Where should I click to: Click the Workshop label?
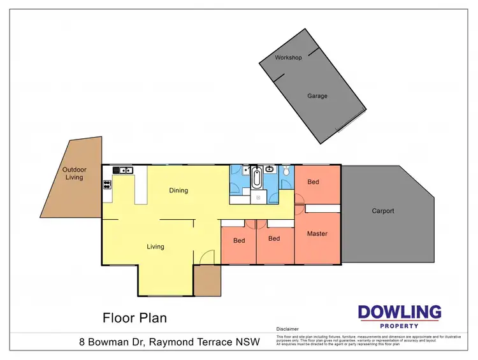[x=288, y=57]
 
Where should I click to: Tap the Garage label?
[x=317, y=96]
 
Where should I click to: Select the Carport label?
[x=383, y=211]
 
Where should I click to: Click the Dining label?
[x=178, y=191]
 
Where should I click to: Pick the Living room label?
[x=155, y=247]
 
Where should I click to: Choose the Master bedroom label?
[x=317, y=234]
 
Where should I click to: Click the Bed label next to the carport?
[x=313, y=182]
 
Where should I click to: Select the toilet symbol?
[x=287, y=171]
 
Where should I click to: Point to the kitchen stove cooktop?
[x=106, y=185]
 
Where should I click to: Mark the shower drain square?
[x=257, y=198]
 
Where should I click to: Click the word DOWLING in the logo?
[x=399, y=312]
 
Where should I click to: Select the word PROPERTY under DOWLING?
[x=399, y=326]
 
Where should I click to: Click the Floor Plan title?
[x=134, y=317]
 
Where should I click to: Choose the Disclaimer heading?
[x=287, y=329]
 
